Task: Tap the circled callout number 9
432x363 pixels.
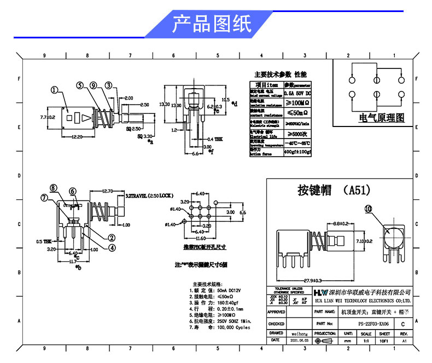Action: coord(94,85)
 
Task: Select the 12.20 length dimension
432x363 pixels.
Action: coord(77,137)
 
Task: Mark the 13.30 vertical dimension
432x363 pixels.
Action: coord(162,104)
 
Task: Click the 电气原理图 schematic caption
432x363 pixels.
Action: coord(382,118)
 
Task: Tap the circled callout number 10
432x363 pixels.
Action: coord(367,209)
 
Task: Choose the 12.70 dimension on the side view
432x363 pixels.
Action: coord(107,191)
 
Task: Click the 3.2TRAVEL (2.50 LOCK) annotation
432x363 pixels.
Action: coord(149,195)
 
